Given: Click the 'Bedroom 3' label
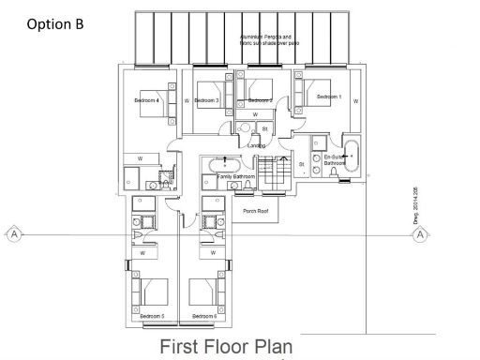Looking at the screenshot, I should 207,100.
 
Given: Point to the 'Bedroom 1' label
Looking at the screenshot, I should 326,97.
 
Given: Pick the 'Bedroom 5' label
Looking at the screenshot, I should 152,317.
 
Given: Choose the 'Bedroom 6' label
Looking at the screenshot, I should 205,317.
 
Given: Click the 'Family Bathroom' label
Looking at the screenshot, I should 236,176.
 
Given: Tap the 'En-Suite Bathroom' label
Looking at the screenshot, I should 336,159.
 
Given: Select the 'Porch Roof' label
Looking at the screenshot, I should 256,212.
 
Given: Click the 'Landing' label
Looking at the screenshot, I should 255,145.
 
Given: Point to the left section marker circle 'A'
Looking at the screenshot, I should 14,233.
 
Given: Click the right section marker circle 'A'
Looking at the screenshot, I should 421,233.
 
